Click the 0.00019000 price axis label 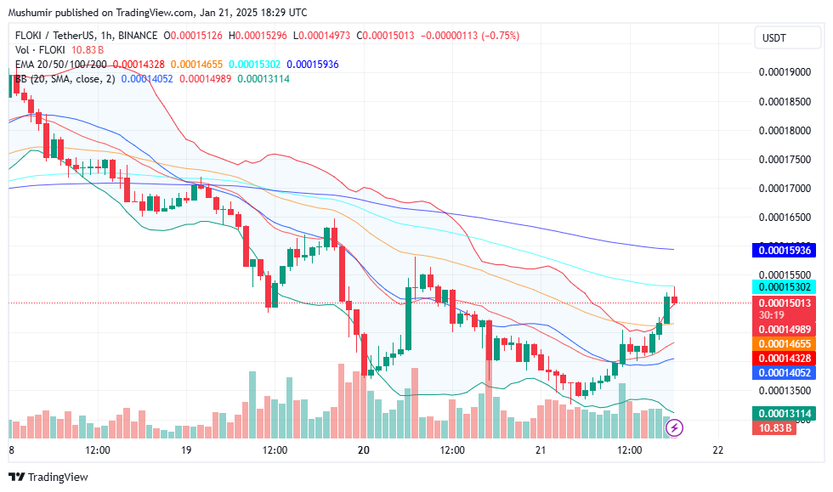[x=785, y=72]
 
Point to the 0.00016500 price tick [x=785, y=218]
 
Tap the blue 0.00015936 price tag [x=785, y=252]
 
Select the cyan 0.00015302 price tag [x=785, y=286]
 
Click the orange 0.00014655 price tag [x=785, y=343]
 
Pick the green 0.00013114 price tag [x=785, y=413]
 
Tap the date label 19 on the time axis [x=186, y=450]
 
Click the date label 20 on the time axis [x=363, y=450]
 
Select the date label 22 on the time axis [x=718, y=450]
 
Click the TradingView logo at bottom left [x=48, y=478]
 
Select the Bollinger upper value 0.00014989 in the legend [x=205, y=79]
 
